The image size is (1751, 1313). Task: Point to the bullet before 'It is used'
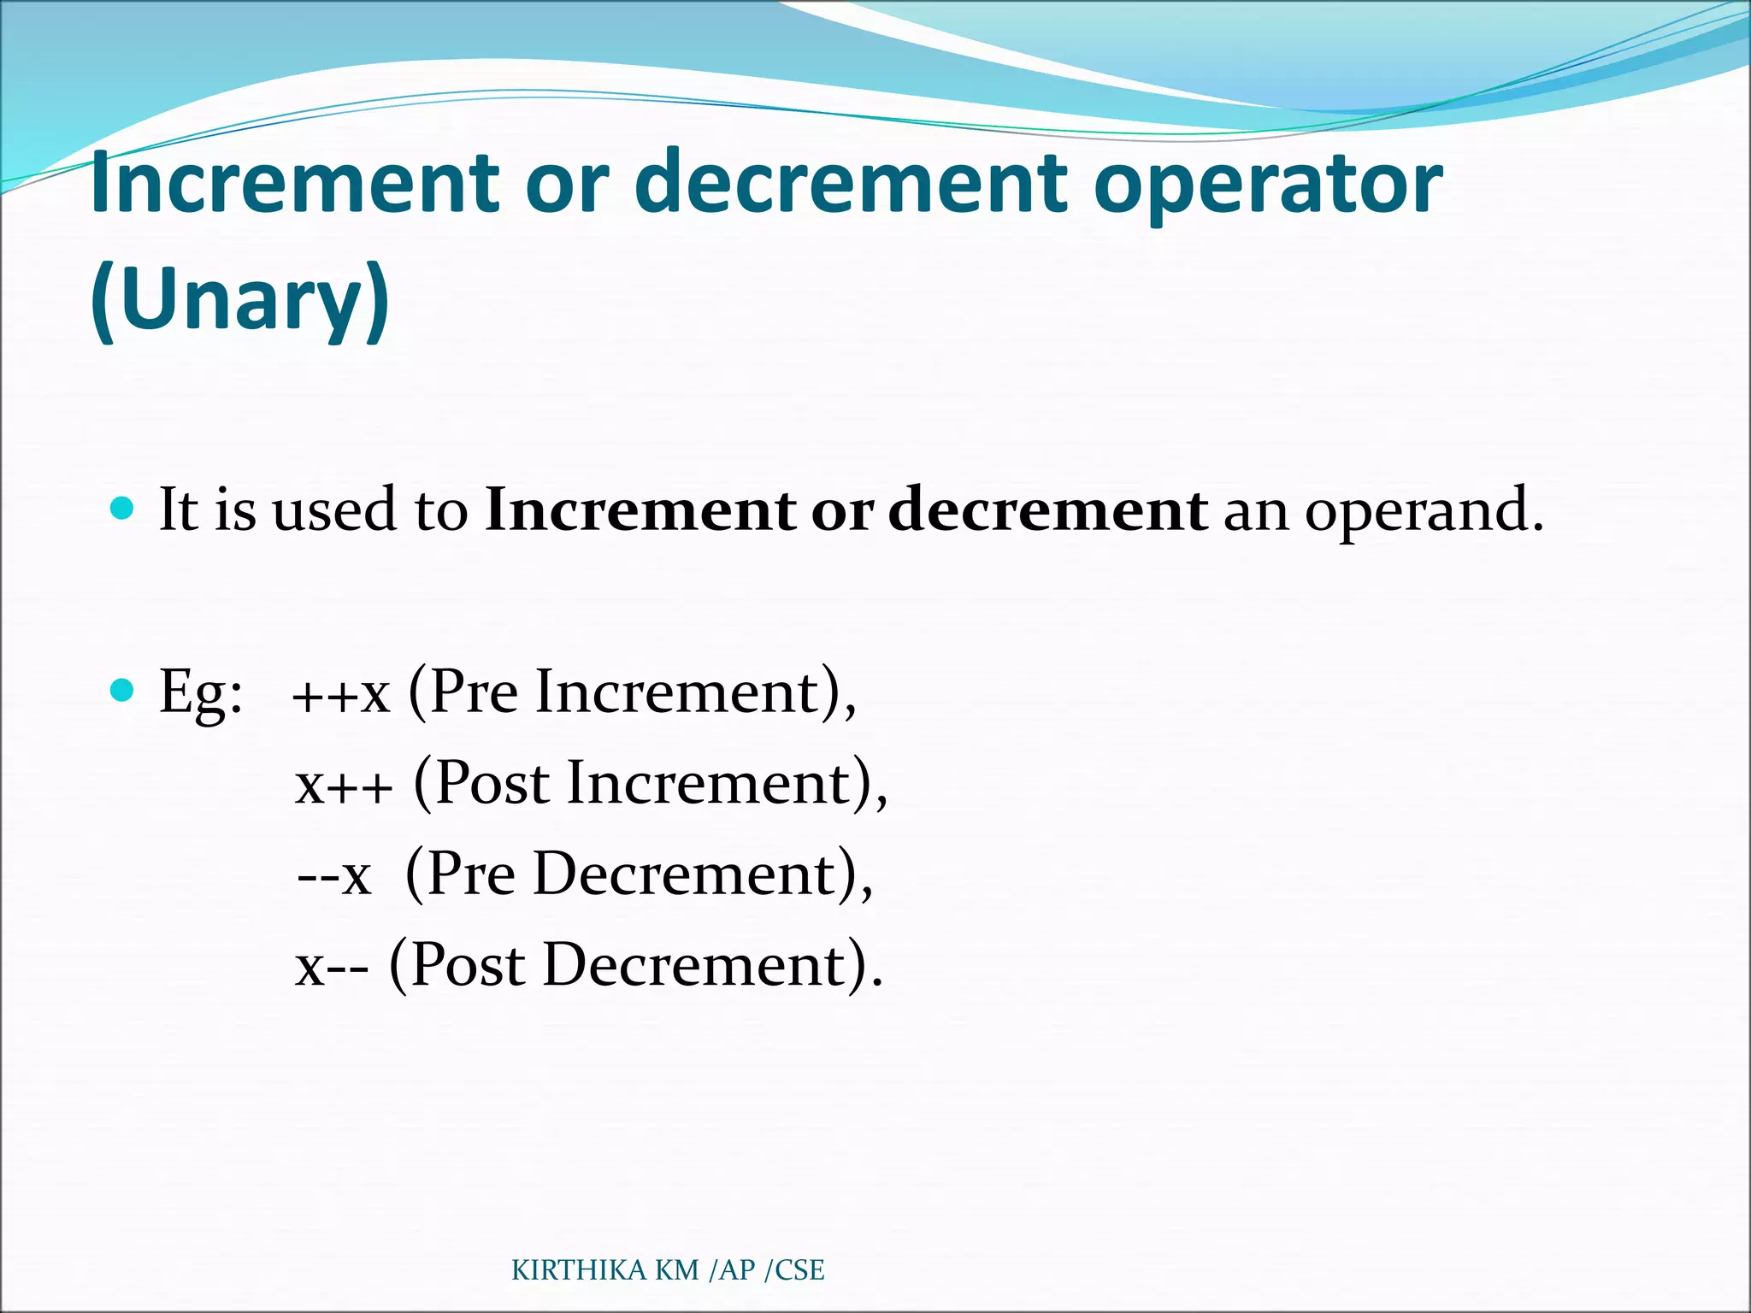point(123,509)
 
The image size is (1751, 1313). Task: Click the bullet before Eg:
point(123,690)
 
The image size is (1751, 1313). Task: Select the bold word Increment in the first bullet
point(640,510)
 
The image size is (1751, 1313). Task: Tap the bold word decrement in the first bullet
point(1048,510)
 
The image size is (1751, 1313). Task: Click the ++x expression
point(340,694)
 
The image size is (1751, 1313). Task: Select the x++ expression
point(344,785)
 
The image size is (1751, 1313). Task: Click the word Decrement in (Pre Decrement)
point(683,874)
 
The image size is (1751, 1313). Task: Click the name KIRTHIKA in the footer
point(579,1270)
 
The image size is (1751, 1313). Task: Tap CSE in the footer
point(799,1270)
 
